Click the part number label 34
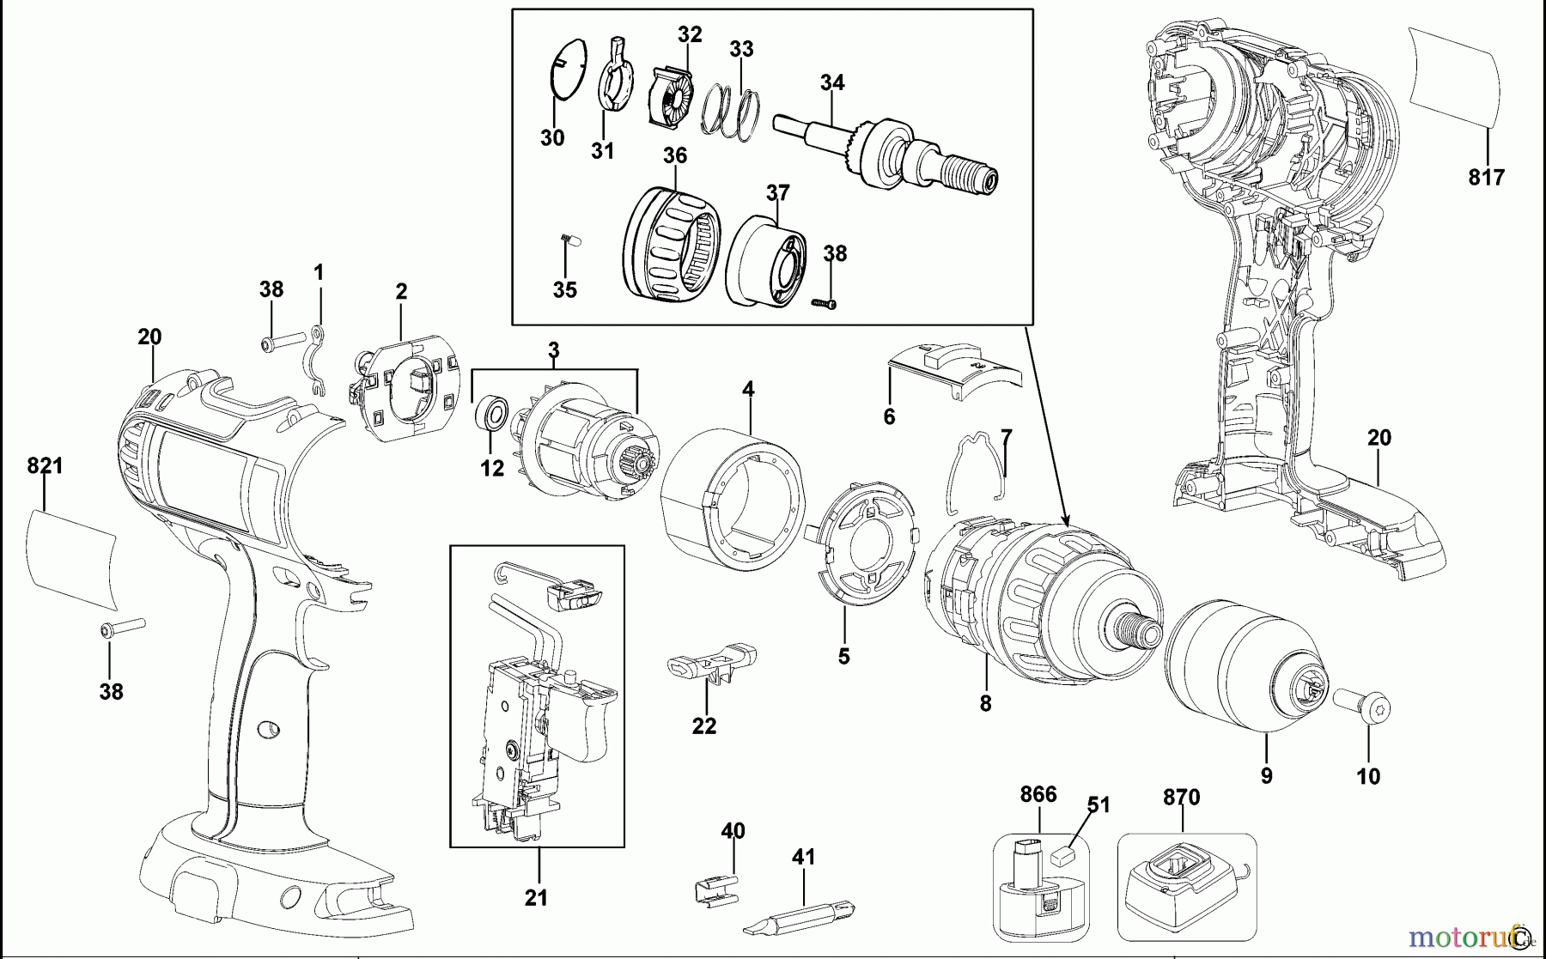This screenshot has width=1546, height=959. click(x=831, y=82)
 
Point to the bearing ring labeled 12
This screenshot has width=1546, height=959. click(x=491, y=416)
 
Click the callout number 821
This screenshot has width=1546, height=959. click(x=45, y=466)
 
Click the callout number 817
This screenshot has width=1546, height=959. click(x=1486, y=178)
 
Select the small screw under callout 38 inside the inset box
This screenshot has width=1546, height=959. click(x=824, y=302)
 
